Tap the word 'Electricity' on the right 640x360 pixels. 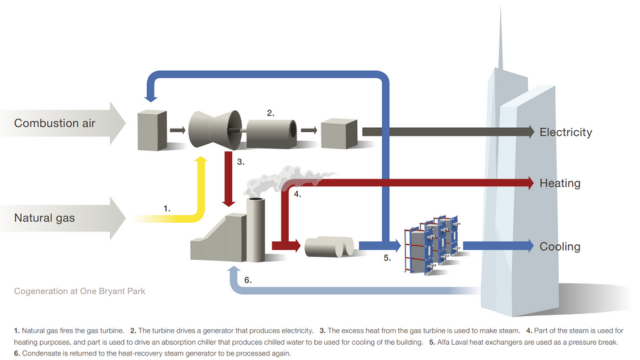565,132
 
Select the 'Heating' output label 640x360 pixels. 559,184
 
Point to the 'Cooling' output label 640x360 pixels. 559,246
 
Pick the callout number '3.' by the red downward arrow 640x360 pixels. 241,161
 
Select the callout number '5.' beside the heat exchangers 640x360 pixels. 387,257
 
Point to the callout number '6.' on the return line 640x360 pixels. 248,280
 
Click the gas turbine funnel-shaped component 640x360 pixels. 212,128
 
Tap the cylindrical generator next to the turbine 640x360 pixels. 271,130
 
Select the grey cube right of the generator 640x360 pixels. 335,130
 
